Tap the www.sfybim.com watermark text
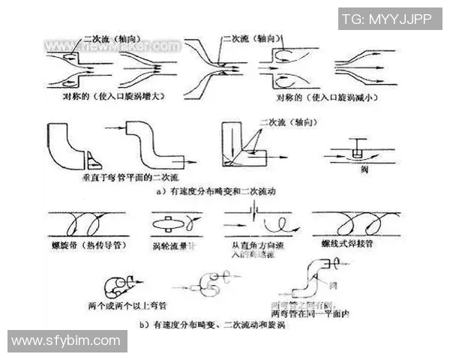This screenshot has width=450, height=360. point(66,341)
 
